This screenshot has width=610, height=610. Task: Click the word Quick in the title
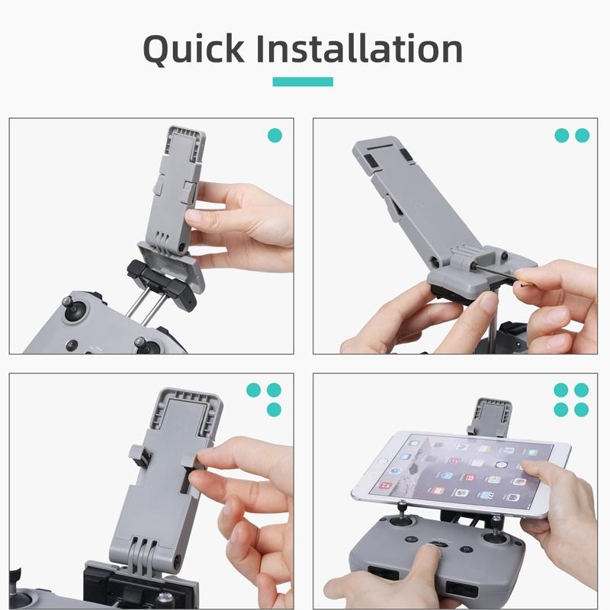194,49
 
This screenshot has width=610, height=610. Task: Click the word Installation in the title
359,49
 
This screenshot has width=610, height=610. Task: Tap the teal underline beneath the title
304,82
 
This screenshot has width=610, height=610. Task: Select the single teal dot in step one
274,136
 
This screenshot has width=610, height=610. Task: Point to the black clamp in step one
163,281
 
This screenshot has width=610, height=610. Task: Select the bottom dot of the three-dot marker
274,409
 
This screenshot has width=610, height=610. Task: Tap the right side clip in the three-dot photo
188,464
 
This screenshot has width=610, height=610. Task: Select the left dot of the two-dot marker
562,136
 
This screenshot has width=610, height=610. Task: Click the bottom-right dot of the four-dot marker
582,409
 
